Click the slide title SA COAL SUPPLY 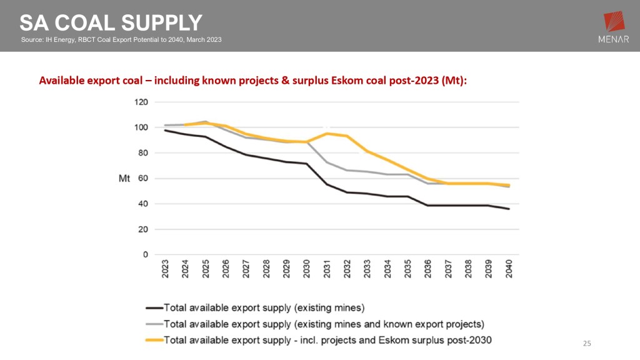coord(111,22)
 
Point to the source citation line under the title coord(121,40)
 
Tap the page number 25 coord(586,343)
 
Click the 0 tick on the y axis coord(144,254)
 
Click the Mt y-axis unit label coord(124,179)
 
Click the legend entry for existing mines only coord(263,307)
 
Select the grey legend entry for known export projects coord(323,324)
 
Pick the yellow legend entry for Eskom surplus coord(327,340)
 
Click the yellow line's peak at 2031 coord(326,133)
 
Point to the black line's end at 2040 coord(508,209)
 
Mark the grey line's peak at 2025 coord(205,121)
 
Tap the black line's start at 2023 coord(166,130)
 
